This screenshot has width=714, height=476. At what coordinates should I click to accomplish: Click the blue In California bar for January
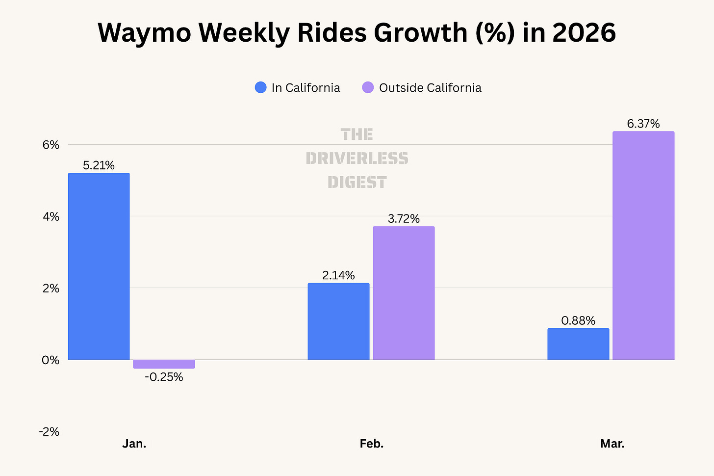(99, 266)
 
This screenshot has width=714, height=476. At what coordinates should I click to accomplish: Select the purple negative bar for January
(164, 364)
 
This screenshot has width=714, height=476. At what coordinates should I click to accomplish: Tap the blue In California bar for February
(338, 321)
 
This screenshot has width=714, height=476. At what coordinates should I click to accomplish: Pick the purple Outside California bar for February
(404, 293)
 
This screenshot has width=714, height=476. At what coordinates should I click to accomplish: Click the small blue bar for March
(578, 344)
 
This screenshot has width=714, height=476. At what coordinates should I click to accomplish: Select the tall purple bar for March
(643, 246)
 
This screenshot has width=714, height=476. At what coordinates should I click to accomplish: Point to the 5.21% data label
(99, 165)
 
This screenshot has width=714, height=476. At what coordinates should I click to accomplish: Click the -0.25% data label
(164, 377)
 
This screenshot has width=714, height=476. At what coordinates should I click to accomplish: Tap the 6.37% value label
(643, 124)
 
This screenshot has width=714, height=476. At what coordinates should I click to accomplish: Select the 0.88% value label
(578, 320)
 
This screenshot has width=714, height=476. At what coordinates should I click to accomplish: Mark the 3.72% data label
(404, 219)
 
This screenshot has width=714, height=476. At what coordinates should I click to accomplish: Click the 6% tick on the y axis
(51, 145)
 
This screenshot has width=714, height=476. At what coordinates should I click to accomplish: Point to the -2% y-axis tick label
(49, 432)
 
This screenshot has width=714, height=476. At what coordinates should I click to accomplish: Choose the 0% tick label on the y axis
(51, 360)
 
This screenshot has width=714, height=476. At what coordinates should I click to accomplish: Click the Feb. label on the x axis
(372, 444)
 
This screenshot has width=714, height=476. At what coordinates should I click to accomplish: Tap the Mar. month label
(612, 444)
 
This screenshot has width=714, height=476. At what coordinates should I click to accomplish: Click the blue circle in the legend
(261, 87)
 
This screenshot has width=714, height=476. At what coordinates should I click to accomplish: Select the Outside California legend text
(431, 88)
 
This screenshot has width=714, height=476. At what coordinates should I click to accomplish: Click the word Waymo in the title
(144, 33)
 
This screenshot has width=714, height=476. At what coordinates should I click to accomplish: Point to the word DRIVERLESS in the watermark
(357, 158)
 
